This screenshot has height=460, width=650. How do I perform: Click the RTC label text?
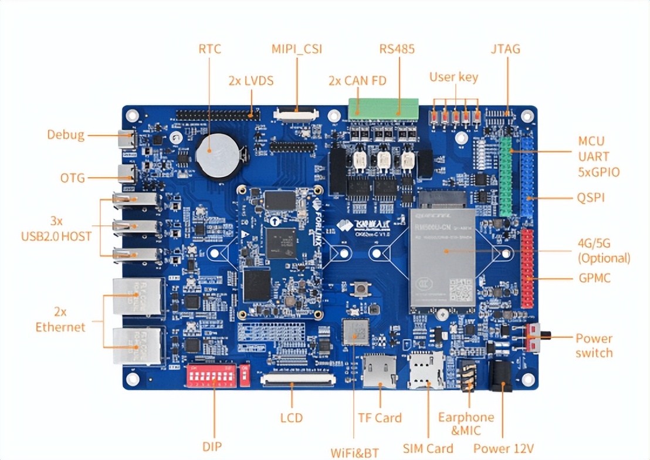209,49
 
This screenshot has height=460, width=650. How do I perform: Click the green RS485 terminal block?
383,108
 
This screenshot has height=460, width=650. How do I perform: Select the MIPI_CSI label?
296,49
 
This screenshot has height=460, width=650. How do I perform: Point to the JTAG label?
505,49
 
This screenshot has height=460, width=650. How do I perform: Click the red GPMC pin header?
527,268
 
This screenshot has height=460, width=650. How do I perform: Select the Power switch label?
594,346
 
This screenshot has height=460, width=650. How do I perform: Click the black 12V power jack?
500,376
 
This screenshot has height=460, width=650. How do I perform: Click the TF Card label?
380,418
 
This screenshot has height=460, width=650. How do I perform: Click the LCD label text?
291,418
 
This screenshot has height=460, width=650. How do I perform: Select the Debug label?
66,135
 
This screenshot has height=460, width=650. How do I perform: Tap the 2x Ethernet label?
60,319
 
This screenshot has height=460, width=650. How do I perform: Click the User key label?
453,77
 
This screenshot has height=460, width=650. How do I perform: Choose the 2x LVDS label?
251,80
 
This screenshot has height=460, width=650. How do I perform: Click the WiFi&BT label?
354,452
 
